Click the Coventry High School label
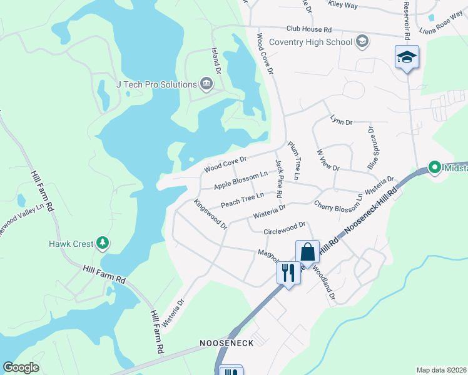[x=310, y=42]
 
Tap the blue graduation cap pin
[x=407, y=57]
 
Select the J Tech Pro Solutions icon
[x=206, y=84]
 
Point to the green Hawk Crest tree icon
[x=104, y=242]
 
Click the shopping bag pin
[x=307, y=252]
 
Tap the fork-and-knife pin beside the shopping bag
[x=288, y=272]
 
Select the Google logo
[x=21, y=367]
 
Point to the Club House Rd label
[x=308, y=29]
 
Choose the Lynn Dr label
[x=342, y=119]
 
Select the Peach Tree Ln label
[x=243, y=200]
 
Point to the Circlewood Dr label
[x=285, y=227]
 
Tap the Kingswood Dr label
[x=210, y=214]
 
